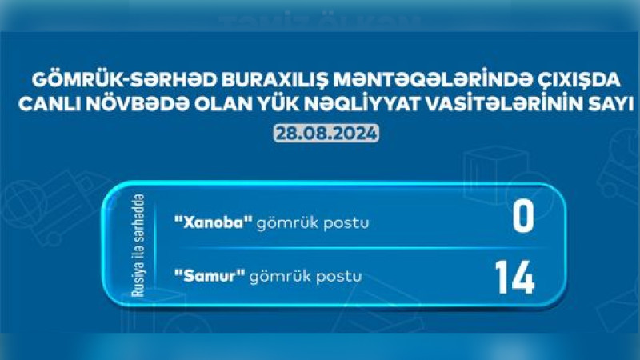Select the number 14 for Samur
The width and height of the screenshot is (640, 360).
[514, 277]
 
